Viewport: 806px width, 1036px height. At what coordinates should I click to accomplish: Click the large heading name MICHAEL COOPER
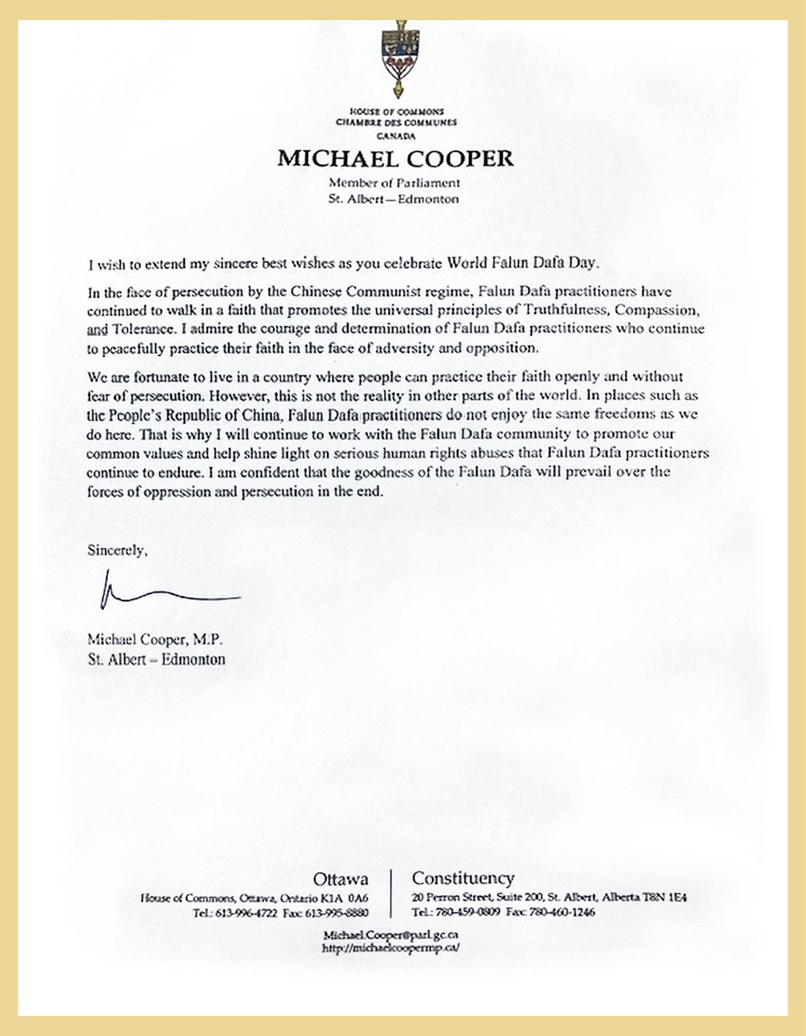[395, 159]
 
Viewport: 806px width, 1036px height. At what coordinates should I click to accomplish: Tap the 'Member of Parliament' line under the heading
[395, 183]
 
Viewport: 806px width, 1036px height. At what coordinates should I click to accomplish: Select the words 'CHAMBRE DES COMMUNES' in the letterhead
[396, 123]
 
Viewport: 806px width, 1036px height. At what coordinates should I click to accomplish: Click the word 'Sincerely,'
[116, 550]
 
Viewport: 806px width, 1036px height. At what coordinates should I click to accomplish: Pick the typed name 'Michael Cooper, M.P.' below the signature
[155, 639]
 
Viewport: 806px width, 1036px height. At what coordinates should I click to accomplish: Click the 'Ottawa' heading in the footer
[340, 879]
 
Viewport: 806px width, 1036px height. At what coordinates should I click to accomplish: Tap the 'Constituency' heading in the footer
[463, 878]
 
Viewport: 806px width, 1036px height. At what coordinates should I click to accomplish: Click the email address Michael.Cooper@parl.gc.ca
[391, 935]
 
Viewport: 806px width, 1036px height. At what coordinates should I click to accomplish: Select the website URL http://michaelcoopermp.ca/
[391, 949]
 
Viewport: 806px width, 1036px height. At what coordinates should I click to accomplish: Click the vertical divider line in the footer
[391, 893]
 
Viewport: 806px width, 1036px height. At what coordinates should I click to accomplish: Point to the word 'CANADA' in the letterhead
[396, 136]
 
